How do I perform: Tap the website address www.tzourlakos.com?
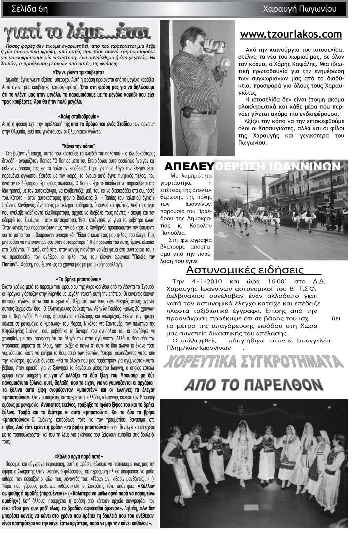pyautogui.click(x=291, y=34)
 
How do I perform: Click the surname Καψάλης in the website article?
pyautogui.click(x=308, y=64)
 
